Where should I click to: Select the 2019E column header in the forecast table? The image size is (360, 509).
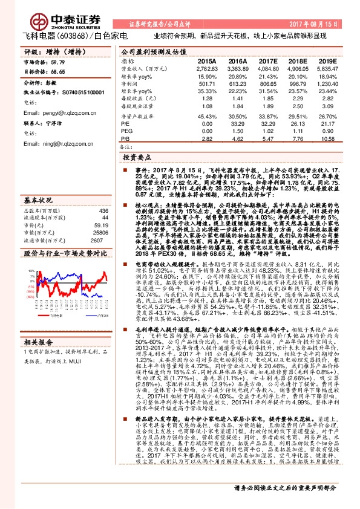(327, 62)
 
